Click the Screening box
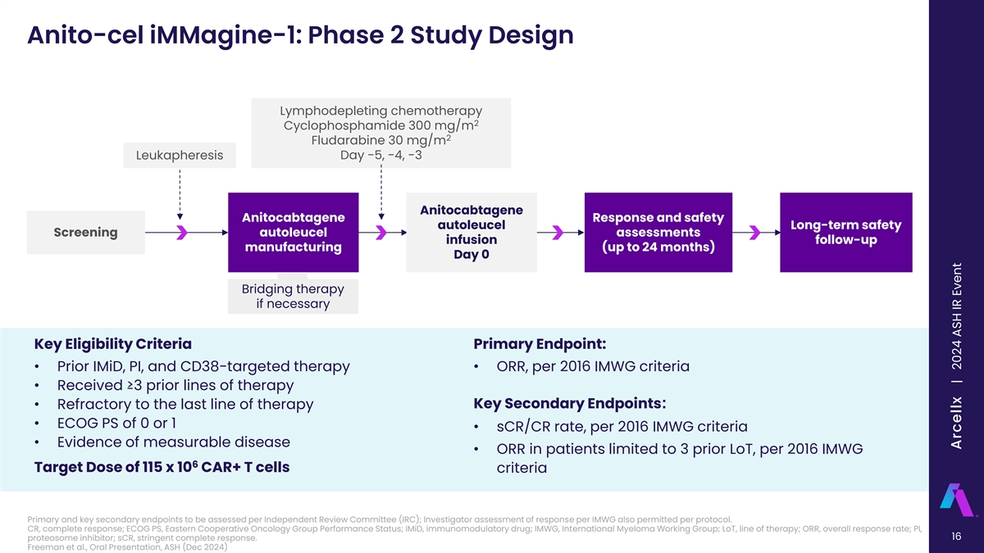(x=85, y=232)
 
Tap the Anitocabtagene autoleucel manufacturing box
(x=294, y=232)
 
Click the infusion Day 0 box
(x=471, y=232)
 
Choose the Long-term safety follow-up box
(x=845, y=232)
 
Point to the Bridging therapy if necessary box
(x=293, y=297)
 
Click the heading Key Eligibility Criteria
(x=113, y=342)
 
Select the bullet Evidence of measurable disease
(x=173, y=442)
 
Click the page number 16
(x=956, y=537)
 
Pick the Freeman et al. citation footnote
(x=127, y=548)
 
